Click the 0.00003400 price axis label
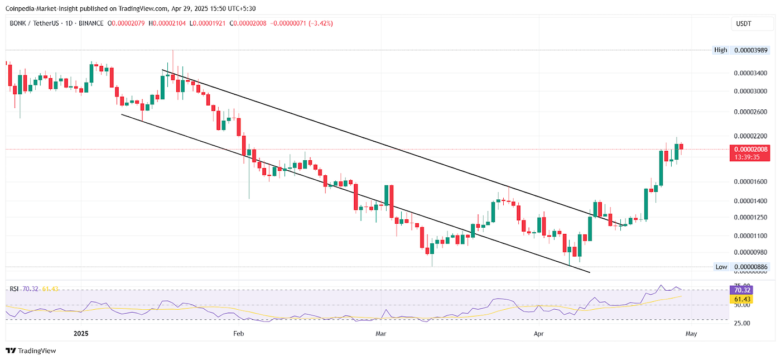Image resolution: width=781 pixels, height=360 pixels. coord(749,73)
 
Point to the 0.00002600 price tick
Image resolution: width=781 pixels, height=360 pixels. coord(749,112)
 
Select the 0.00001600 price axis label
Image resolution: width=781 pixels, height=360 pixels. coord(749,181)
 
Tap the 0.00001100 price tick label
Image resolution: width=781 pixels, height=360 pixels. coord(749,236)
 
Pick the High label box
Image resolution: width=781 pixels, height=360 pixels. coord(721,50)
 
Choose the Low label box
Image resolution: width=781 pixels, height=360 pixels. coord(721,267)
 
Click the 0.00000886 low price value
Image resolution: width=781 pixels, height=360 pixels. coord(750,267)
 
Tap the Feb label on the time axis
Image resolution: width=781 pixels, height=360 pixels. coord(239,334)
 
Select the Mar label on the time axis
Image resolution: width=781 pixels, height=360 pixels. coord(381,334)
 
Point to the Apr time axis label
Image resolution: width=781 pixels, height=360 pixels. coord(538,334)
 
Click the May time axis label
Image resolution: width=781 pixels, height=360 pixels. coord(691,334)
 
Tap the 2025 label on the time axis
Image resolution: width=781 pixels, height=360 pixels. coord(81,334)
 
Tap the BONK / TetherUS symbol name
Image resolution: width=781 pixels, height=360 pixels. coord(35,23)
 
